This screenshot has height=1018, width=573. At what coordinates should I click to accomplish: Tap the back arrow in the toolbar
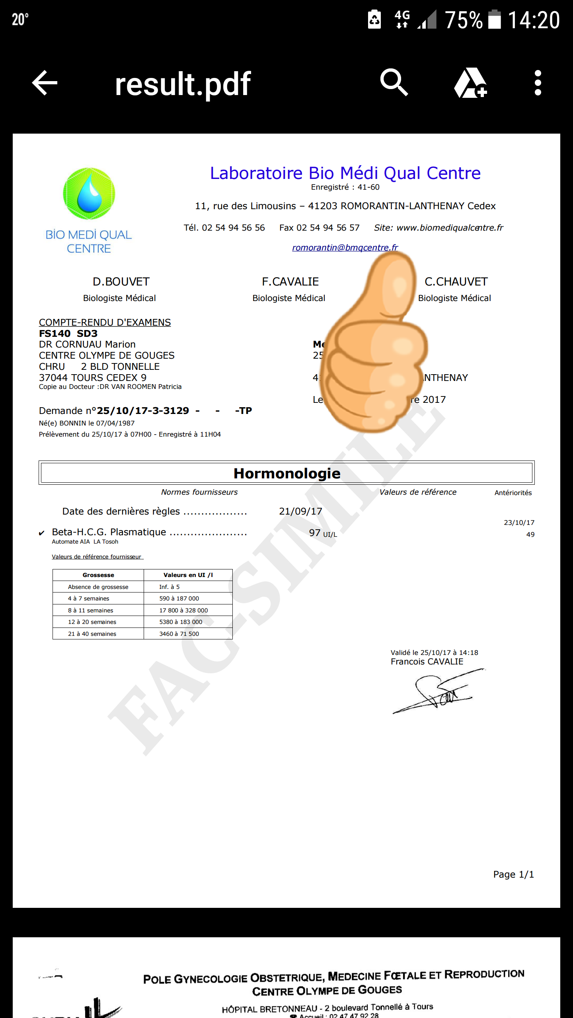coord(45,83)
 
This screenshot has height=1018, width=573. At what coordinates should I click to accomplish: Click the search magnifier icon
coord(394,82)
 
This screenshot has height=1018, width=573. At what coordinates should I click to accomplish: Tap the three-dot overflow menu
coord(538,83)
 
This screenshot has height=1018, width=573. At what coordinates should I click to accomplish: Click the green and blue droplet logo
coord(89,194)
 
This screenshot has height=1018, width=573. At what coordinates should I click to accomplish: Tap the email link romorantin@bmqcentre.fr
coord(345,247)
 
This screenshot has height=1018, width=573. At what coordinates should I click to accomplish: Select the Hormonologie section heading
coord(286,473)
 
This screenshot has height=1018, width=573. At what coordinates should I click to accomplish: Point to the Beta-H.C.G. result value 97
coord(315,533)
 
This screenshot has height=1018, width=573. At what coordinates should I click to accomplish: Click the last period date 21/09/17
coord(300,511)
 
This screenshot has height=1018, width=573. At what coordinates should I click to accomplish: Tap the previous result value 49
coord(530,534)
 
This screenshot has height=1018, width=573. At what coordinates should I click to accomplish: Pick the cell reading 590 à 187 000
coord(179,598)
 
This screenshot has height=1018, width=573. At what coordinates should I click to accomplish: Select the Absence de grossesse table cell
coord(98,587)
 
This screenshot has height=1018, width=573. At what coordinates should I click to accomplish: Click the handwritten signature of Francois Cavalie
coord(438,692)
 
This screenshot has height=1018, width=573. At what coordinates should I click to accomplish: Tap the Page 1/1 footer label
coord(513,874)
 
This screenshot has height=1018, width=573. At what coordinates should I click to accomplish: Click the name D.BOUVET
coord(121,282)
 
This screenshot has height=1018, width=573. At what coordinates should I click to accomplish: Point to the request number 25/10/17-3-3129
coord(143,411)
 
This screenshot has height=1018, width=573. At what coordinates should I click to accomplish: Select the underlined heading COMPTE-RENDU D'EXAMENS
coord(105,322)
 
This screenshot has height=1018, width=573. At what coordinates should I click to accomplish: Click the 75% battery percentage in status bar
coord(464,20)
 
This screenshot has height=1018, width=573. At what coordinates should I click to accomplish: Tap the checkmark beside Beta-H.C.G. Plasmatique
coord(41,533)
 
